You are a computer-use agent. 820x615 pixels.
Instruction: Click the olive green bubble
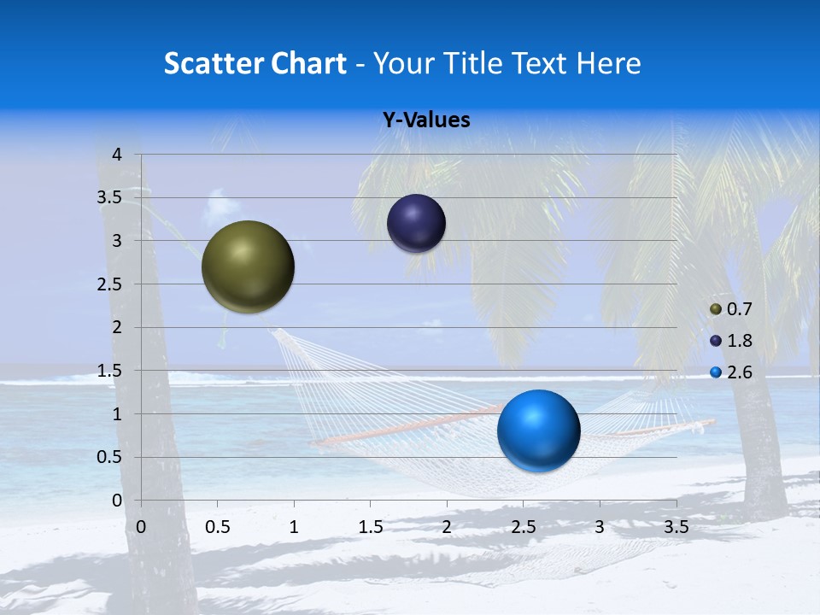(x=248, y=266)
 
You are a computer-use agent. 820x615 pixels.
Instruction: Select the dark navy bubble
(x=416, y=223)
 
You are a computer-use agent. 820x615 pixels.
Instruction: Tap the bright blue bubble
(x=538, y=430)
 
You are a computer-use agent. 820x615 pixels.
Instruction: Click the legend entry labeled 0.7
(x=731, y=309)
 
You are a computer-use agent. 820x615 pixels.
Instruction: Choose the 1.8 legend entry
(x=731, y=341)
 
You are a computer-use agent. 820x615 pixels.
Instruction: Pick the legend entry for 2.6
(x=731, y=372)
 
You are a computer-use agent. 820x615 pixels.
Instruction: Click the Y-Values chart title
(x=425, y=120)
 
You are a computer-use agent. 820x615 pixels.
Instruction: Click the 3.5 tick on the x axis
(x=676, y=527)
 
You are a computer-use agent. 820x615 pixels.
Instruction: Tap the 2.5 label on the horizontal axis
(x=523, y=527)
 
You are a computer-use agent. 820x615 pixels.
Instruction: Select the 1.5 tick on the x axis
(x=370, y=527)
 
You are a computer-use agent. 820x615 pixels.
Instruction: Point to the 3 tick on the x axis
(x=600, y=527)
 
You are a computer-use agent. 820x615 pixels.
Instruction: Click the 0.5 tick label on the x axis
(x=217, y=527)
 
